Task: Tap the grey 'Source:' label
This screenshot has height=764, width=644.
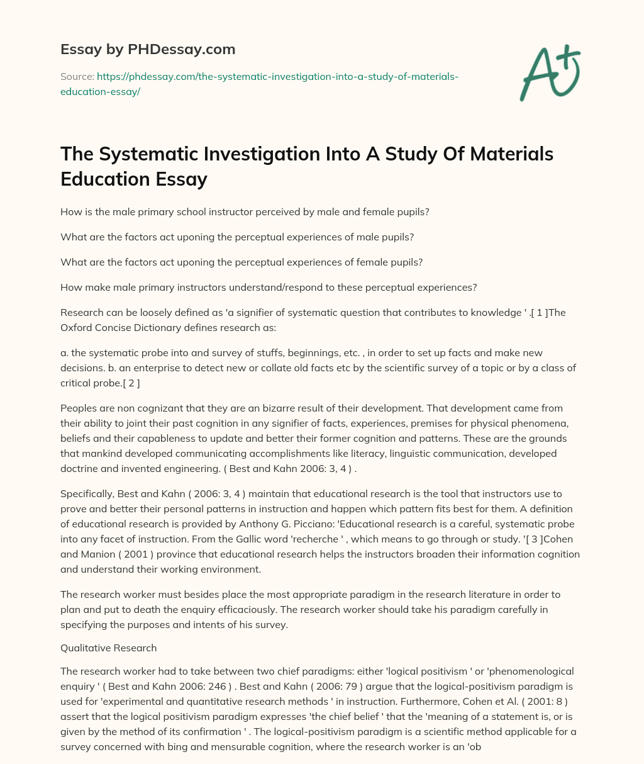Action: tap(76, 76)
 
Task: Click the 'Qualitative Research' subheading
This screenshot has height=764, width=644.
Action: tap(108, 648)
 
